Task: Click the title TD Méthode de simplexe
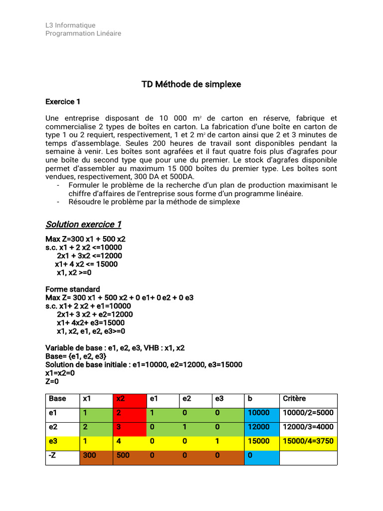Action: tap(191, 84)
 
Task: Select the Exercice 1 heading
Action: tap(63, 101)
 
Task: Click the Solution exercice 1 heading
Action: tap(83, 224)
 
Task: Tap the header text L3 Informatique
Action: tap(70, 25)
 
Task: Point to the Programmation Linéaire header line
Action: tap(83, 33)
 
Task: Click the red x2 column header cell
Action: tap(129, 399)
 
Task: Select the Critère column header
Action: tap(308, 399)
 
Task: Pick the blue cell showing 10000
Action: tap(261, 413)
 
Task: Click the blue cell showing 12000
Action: tap(261, 427)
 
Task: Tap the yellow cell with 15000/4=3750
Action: tap(308, 441)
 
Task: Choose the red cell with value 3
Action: tap(129, 427)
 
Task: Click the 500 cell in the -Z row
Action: tap(129, 455)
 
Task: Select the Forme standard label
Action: tap(73, 289)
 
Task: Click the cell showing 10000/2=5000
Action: tap(308, 413)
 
